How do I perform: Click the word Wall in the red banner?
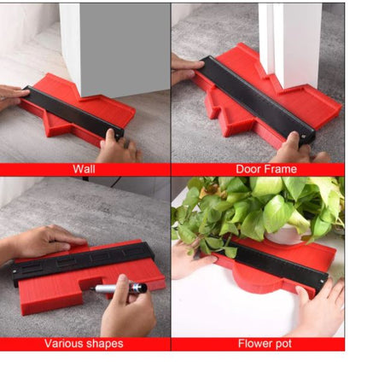[x=84, y=169]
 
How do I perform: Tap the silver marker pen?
[x=119, y=288]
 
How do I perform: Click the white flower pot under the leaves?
[x=288, y=234]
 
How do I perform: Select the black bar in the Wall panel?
[x=73, y=113]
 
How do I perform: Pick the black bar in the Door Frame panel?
[x=257, y=100]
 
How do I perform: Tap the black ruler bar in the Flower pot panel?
[x=274, y=264]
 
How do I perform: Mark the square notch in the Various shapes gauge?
[x=91, y=283]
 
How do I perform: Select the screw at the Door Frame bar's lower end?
[x=304, y=137]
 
